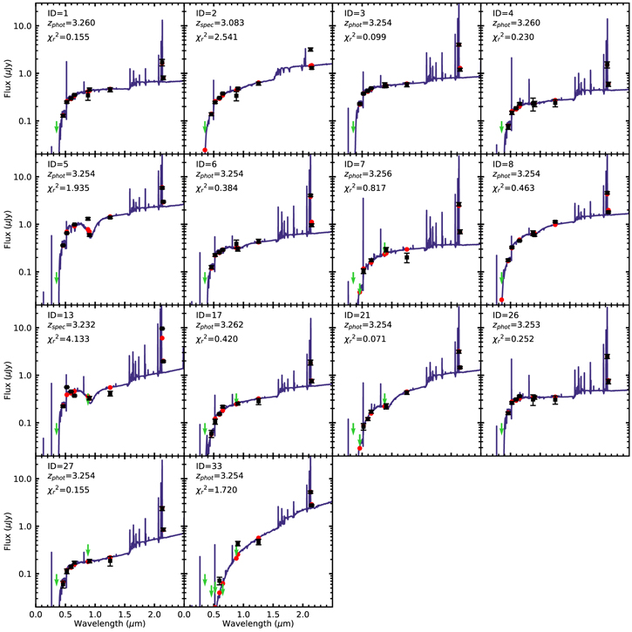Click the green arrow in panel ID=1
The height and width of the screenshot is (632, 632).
point(58,127)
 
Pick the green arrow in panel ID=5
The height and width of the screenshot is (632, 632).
point(58,278)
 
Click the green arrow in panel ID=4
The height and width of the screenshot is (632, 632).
point(502,127)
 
